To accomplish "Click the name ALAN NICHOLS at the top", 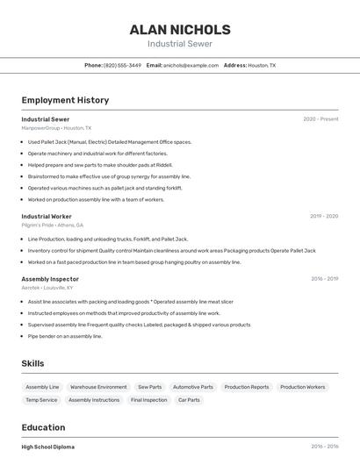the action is coord(180,29).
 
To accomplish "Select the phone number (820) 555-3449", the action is coord(122,65).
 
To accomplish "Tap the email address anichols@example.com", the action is coord(191,65).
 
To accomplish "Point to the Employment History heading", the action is coord(65,100).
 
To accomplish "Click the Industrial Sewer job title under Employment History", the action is coord(46,119).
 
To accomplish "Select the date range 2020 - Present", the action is coord(320,119).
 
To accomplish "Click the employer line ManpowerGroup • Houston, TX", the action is coord(56,128).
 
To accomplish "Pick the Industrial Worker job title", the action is coord(47,216).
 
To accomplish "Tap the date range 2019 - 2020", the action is coord(324,216).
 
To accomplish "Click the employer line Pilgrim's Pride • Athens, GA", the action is coord(53,225).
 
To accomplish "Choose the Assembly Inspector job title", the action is coord(50,279).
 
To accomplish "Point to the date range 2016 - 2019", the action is coord(324,279).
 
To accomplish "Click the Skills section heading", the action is coord(32,363).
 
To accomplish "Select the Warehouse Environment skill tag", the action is coord(98,387).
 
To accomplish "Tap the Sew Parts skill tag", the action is coord(149,387).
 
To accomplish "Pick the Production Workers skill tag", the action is coord(303,387).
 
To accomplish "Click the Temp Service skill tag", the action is coord(41,400).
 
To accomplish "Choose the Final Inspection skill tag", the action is coord(148,400).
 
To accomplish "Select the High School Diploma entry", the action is coord(48,447).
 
